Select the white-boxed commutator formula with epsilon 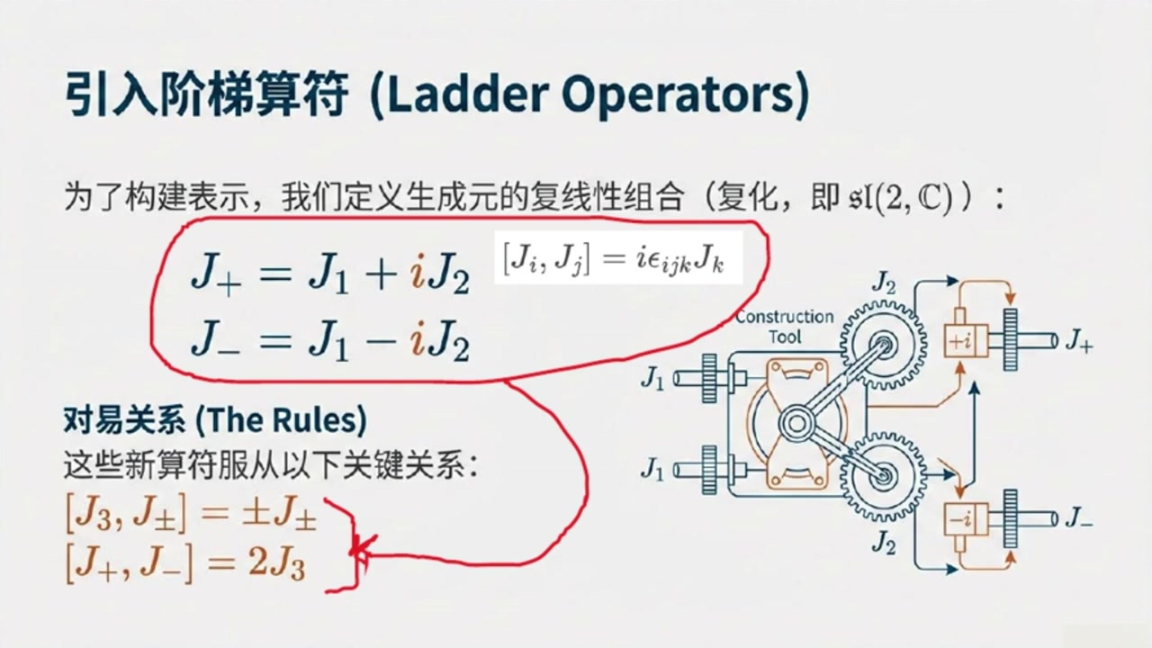coord(618,257)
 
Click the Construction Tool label coord(784,327)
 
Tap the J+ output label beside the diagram coord(1078,341)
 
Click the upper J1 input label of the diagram coord(652,379)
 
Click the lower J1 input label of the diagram coord(652,469)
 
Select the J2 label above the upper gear coord(884,283)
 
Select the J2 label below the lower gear coord(884,543)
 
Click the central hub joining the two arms coord(796,423)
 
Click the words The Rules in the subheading coord(282,420)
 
